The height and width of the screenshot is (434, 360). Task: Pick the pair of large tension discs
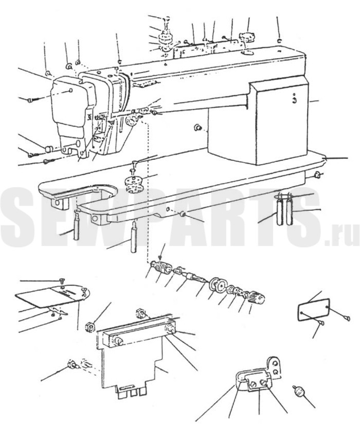click(x=219, y=285)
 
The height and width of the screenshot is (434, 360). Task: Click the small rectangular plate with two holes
click(x=313, y=309)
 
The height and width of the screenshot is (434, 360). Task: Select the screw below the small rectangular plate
click(x=322, y=323)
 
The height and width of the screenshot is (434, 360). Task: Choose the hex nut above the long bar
click(x=140, y=314)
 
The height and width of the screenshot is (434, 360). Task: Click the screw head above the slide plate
click(x=62, y=281)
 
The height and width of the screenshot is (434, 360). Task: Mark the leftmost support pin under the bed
click(x=77, y=225)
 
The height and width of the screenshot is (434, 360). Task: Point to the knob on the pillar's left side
click(x=197, y=128)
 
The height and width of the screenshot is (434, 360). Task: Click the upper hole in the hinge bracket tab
click(x=275, y=364)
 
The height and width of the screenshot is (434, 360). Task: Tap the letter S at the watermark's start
click(x=20, y=216)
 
